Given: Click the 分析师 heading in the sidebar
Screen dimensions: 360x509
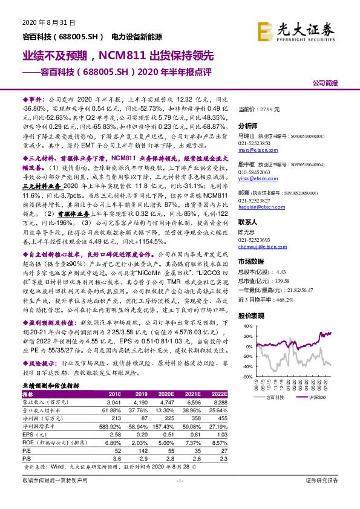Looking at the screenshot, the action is pyautogui.click(x=248, y=126).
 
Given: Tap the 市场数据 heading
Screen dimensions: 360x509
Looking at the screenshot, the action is pyautogui.click(x=251, y=261).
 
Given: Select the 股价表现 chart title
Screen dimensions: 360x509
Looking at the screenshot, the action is pyautogui.click(x=251, y=316).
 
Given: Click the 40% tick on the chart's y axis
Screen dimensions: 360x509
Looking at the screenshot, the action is pyautogui.click(x=249, y=326).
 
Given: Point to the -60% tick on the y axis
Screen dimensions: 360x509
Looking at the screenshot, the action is pyautogui.click(x=248, y=377).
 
